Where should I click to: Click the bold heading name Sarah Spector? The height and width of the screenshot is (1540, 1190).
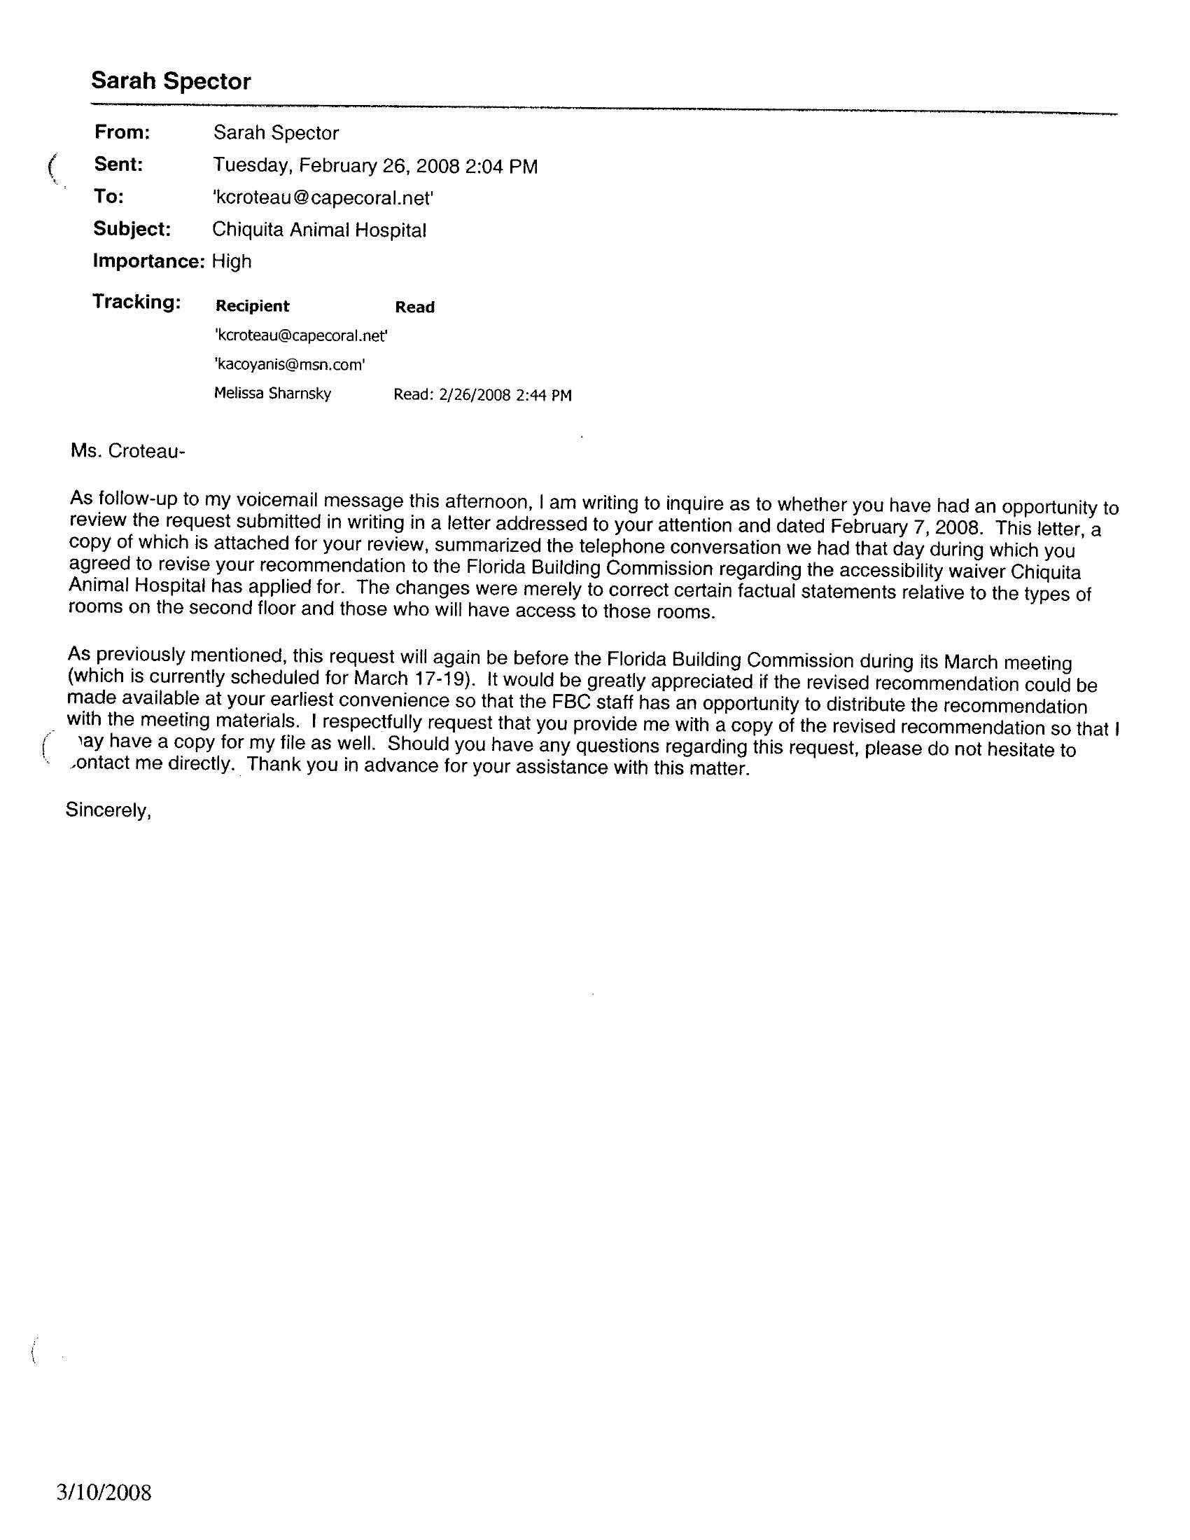tap(171, 81)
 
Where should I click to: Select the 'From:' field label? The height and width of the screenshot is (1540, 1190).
tap(122, 132)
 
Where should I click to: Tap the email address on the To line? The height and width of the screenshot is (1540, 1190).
tap(322, 198)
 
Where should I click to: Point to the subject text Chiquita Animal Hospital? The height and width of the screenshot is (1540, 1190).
tap(318, 230)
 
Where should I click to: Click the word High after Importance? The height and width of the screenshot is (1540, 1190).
tap(231, 262)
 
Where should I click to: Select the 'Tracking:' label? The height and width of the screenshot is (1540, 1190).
tap(136, 302)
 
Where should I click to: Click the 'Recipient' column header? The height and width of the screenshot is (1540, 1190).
tap(253, 306)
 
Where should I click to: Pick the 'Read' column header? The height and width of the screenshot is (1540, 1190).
tap(414, 307)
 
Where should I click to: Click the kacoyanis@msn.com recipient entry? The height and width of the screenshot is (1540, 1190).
tap(290, 365)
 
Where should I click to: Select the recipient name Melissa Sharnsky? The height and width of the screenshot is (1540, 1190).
tap(272, 394)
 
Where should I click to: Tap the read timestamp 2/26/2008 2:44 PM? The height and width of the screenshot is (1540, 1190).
tap(505, 395)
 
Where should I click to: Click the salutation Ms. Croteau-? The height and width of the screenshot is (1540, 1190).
tap(127, 451)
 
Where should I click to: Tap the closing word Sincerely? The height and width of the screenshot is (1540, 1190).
tap(108, 810)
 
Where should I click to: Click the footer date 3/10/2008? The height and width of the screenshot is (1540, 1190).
tap(104, 1493)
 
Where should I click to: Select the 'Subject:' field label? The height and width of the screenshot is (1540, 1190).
tap(132, 229)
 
